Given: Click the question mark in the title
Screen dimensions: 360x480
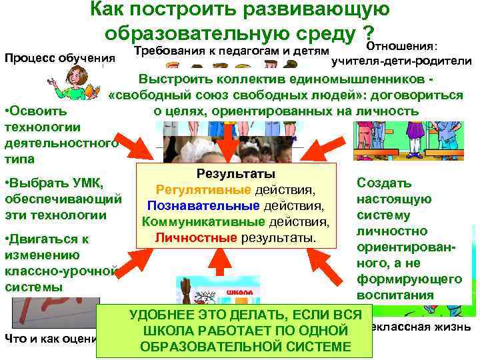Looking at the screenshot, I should [367, 32].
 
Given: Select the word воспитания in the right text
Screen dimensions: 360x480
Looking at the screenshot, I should [395, 295].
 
